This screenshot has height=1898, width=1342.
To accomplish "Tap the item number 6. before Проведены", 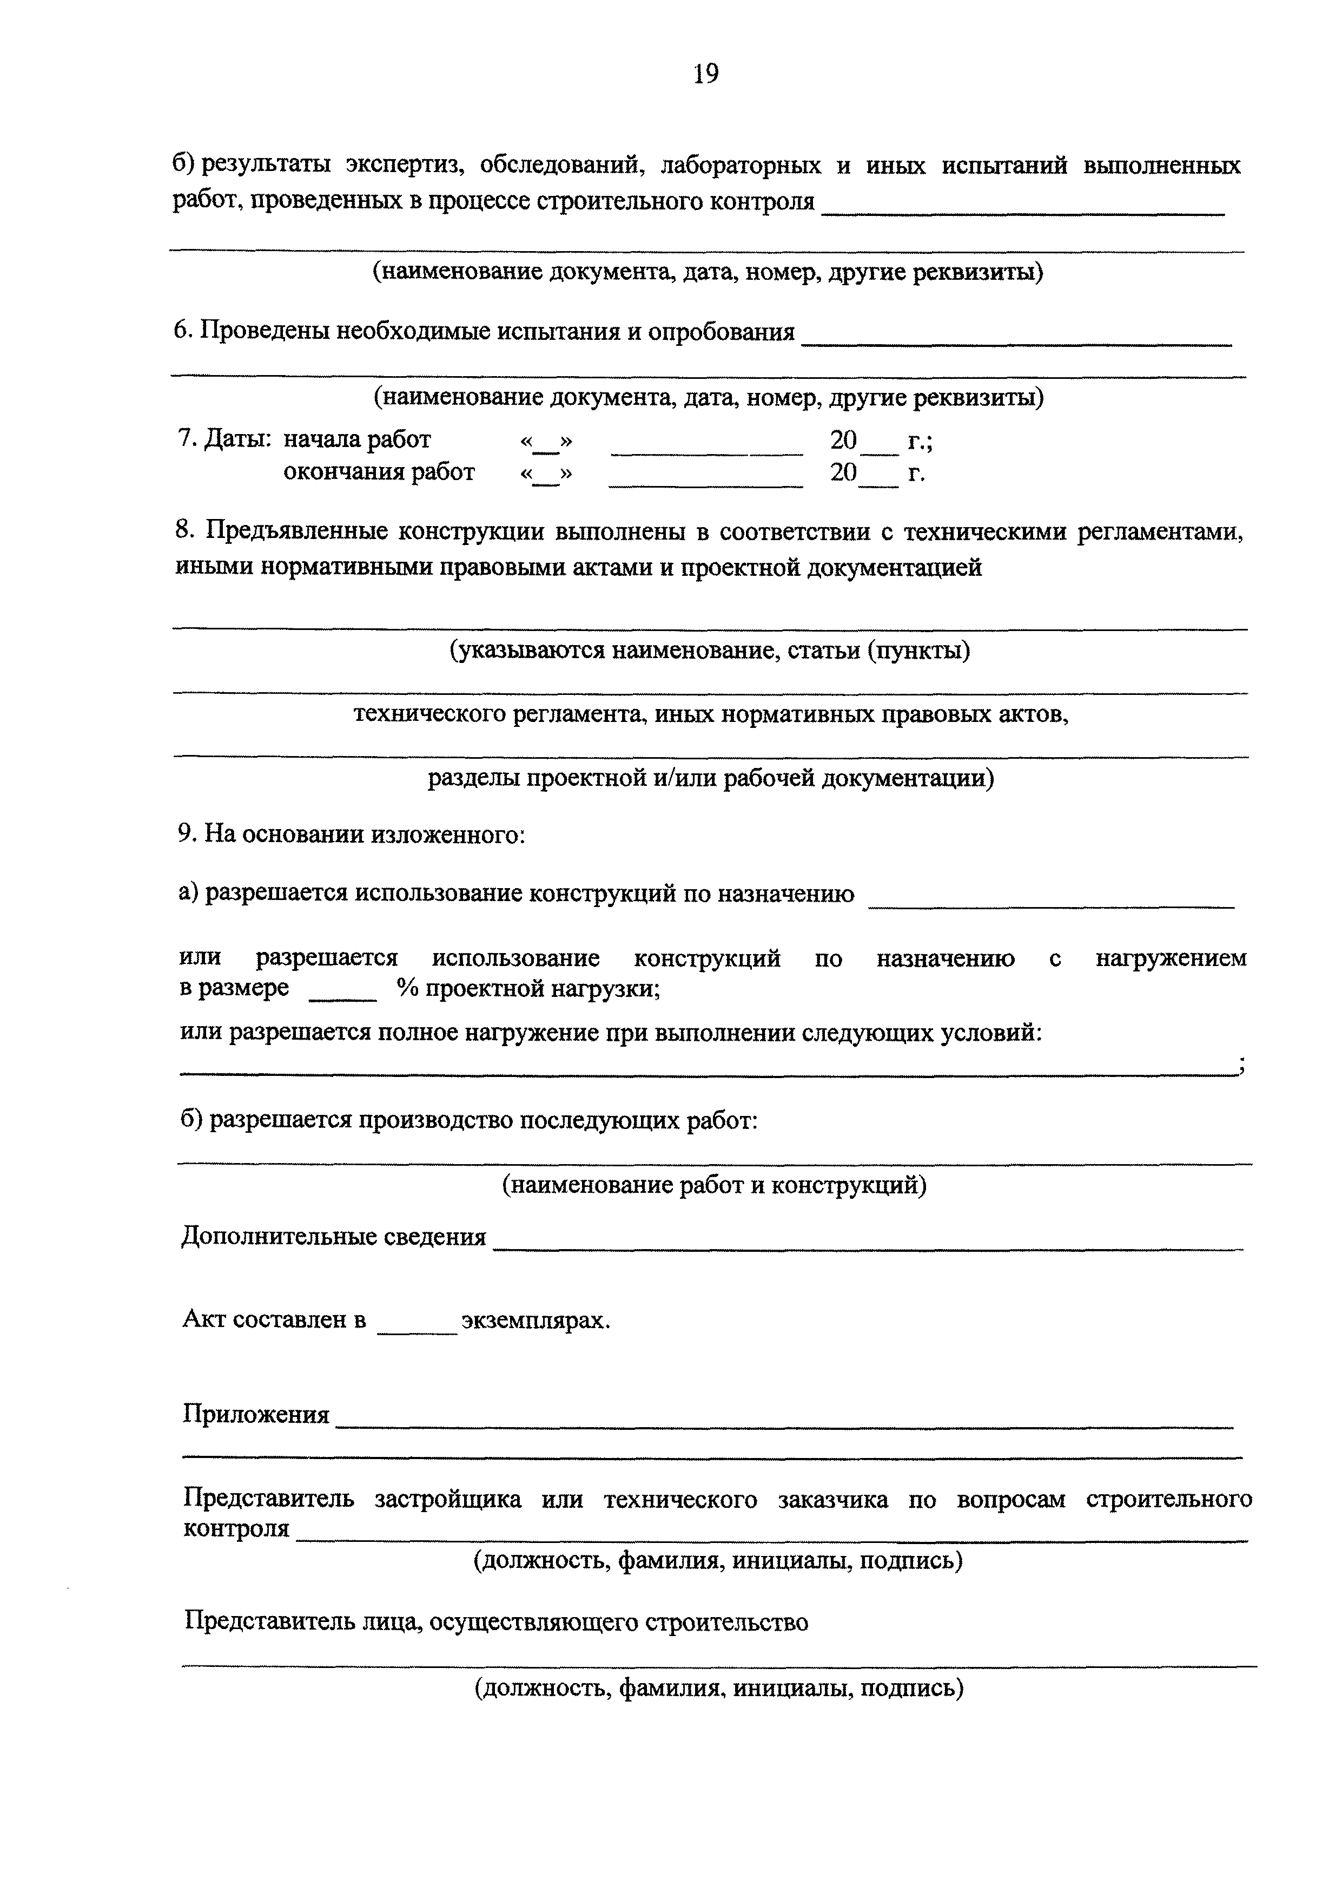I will tap(184, 332).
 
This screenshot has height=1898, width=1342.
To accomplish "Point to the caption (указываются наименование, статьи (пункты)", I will tap(709, 652).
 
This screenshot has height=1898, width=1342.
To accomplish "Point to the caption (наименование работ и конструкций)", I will tap(714, 1185).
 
